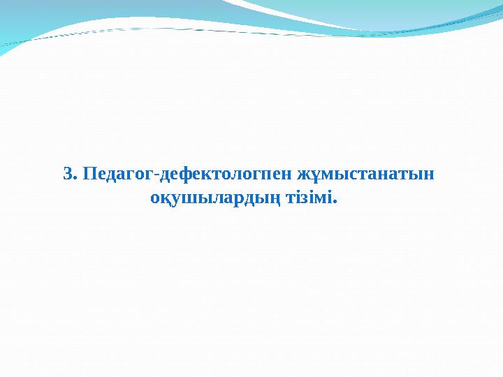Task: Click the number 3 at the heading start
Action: [67, 173]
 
